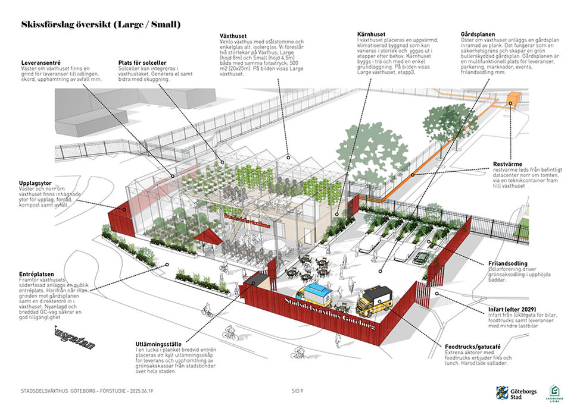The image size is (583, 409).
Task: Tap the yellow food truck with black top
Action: point(374,300)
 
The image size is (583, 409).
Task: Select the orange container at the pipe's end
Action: point(514,99)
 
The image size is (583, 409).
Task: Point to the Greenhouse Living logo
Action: point(557,394)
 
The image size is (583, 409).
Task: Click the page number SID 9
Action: point(298,391)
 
